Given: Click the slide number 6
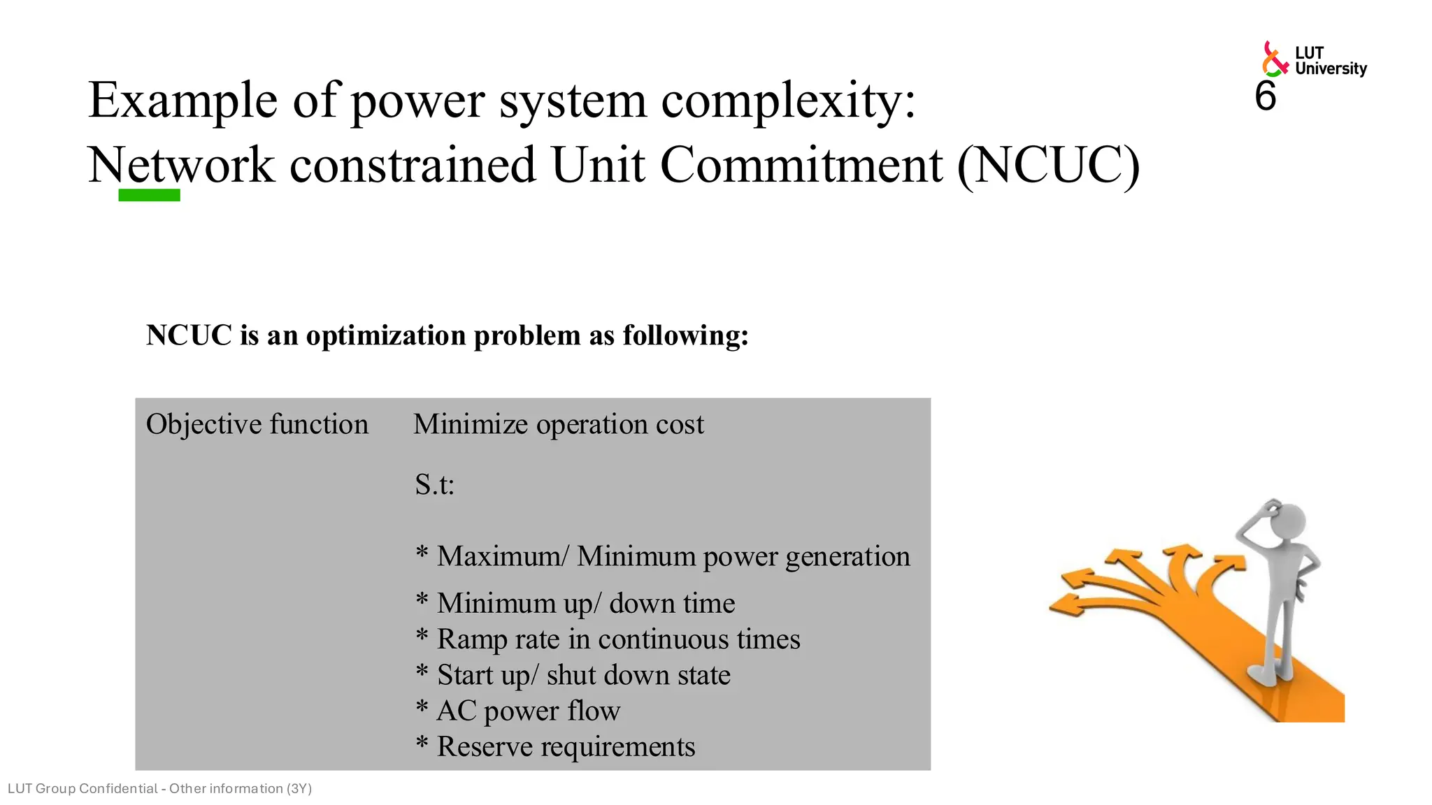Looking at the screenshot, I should click(x=1265, y=96).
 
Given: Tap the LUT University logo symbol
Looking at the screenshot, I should click(x=1275, y=59).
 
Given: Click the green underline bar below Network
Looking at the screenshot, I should click(x=149, y=196).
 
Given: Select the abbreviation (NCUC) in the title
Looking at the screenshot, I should click(x=1048, y=166).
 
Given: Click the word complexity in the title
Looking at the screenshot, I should click(x=788, y=101).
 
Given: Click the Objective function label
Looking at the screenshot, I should click(x=257, y=424).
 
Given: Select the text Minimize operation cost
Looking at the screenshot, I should click(x=558, y=424).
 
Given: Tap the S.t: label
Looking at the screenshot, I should click(x=434, y=484).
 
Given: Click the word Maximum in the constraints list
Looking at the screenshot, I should click(x=499, y=556).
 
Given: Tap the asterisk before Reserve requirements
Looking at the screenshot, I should click(x=422, y=743).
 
